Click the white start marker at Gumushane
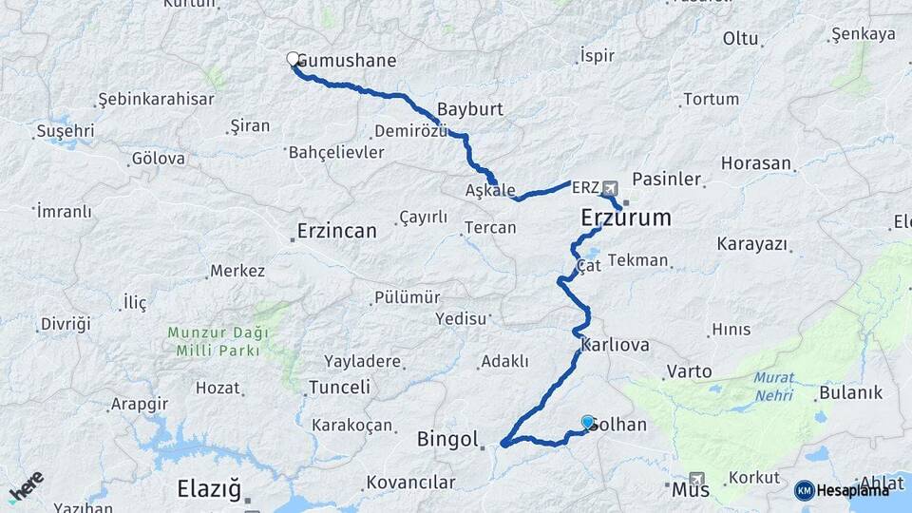(x=294, y=59)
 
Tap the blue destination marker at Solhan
(x=588, y=423)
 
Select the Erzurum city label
(x=626, y=218)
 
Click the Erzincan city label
(x=336, y=230)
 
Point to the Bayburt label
(x=469, y=108)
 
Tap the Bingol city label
(x=447, y=439)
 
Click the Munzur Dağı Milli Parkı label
(x=218, y=341)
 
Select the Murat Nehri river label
(x=774, y=386)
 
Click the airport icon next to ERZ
(x=609, y=188)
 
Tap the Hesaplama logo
(x=843, y=490)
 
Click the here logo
(x=27, y=485)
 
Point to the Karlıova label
(x=615, y=344)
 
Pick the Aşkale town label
(x=490, y=190)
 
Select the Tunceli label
(x=339, y=387)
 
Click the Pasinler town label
(x=666, y=179)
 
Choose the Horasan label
(x=755, y=163)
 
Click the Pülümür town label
(x=408, y=297)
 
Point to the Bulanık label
(x=850, y=392)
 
